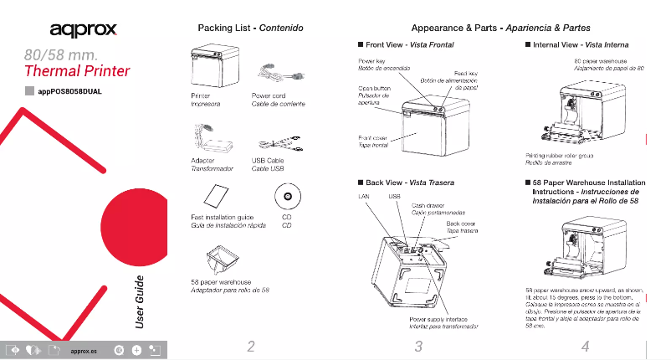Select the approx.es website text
[x=85, y=350]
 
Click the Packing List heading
[x=248, y=28]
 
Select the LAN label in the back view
[x=365, y=196]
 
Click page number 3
[x=418, y=346]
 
